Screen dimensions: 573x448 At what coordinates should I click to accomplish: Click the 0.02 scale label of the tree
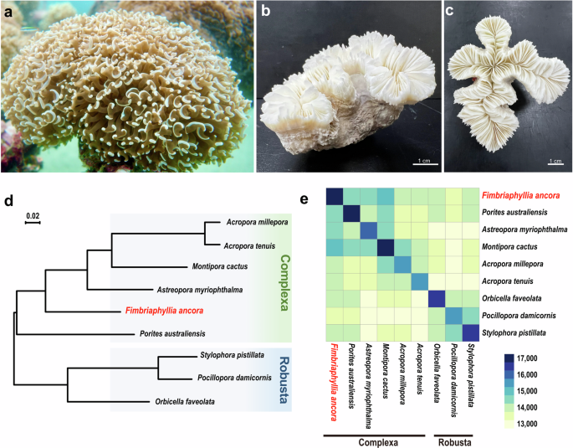(31, 217)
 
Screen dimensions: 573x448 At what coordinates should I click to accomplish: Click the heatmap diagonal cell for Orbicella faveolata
(436, 299)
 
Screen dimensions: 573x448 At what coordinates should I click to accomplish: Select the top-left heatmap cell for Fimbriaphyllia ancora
(335, 198)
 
